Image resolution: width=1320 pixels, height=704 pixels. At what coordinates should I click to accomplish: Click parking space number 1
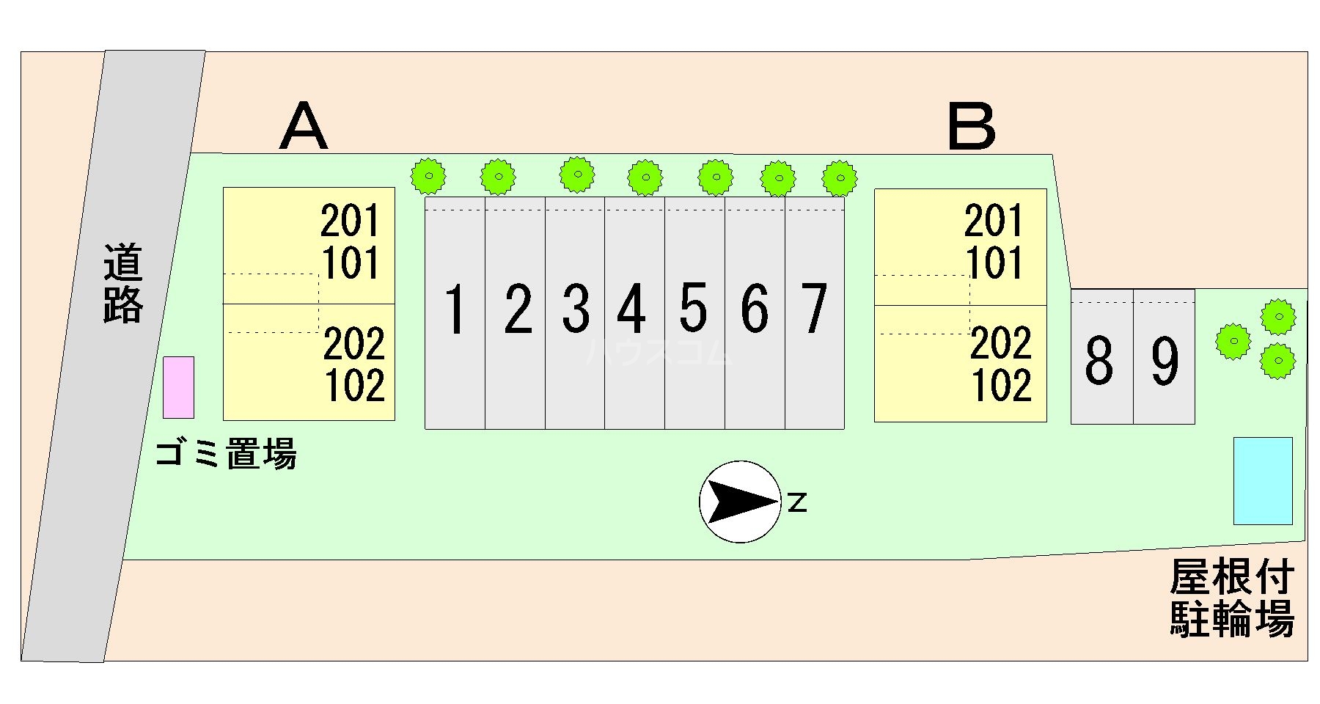(x=455, y=312)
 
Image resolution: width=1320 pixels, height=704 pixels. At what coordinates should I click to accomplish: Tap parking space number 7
(x=814, y=312)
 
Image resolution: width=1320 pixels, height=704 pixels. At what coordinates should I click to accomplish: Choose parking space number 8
(x=1100, y=359)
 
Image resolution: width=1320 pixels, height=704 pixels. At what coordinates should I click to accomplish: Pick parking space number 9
(x=1165, y=359)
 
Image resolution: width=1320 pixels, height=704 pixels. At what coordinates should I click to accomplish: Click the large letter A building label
(x=304, y=126)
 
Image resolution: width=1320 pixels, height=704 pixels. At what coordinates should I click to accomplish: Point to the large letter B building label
(x=972, y=126)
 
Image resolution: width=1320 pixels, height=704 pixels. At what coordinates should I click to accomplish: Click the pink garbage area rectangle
(x=178, y=387)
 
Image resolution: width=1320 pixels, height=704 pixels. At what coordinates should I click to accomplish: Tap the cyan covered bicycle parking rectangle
(x=1263, y=481)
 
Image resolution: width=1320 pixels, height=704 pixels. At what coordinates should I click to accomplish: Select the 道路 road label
(x=122, y=285)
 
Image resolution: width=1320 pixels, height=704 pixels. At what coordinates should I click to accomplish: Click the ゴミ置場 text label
(x=226, y=454)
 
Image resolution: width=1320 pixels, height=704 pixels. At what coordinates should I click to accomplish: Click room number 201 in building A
(x=351, y=221)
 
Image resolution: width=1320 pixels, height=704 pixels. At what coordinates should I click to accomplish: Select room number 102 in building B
(x=1002, y=386)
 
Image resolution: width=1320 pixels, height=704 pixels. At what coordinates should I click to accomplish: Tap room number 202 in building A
(x=354, y=344)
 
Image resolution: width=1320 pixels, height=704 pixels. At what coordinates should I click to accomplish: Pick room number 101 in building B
(x=994, y=263)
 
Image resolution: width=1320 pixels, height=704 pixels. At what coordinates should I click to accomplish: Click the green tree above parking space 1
(x=428, y=176)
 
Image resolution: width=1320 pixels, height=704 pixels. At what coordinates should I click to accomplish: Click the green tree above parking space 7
(x=840, y=177)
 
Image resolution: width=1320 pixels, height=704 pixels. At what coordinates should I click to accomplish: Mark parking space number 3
(x=576, y=312)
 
